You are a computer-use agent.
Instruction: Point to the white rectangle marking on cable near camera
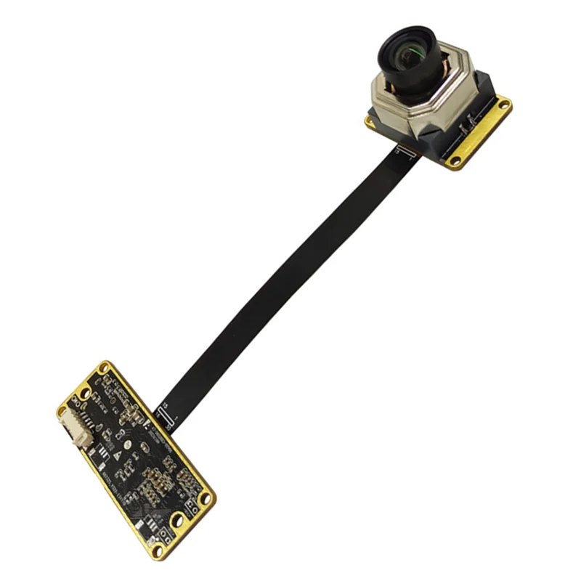click(x=405, y=151)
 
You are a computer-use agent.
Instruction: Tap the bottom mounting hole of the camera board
click(x=456, y=161)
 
